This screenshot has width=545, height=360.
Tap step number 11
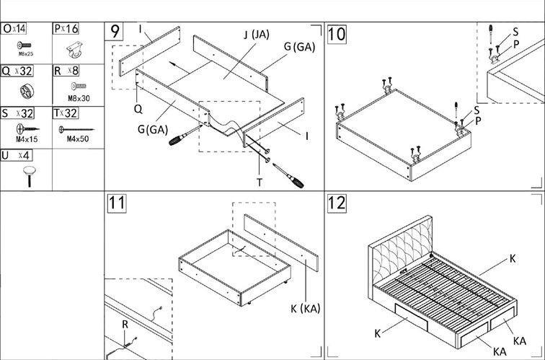117,204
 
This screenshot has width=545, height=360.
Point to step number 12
337,204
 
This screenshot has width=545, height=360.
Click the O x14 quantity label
14,29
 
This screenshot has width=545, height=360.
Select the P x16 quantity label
66,29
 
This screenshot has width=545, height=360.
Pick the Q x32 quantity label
16,71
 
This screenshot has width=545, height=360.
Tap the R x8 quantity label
66,71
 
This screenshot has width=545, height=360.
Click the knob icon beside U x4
30,173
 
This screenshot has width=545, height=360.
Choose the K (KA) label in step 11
306,309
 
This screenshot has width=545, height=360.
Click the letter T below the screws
260,183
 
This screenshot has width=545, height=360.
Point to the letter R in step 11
125,325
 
